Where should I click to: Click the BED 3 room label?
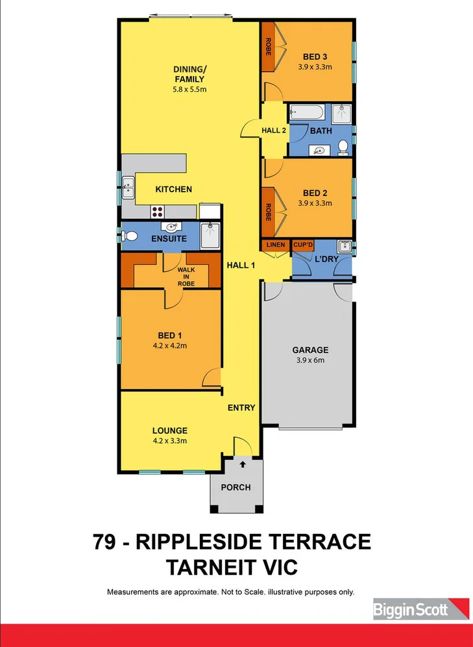(x=315, y=56)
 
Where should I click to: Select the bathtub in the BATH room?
(x=307, y=113)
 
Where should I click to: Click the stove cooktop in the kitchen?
(x=158, y=211)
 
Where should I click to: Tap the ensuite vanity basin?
(x=172, y=227)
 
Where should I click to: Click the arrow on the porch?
(x=243, y=464)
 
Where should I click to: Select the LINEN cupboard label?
(x=276, y=245)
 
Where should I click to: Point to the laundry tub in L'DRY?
(x=345, y=247)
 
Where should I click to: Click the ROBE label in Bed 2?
(x=267, y=212)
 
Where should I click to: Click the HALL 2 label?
(x=274, y=131)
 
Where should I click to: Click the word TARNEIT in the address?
(x=211, y=566)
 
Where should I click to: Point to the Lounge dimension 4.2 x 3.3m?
(x=170, y=441)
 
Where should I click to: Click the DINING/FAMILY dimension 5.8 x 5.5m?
(x=189, y=90)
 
